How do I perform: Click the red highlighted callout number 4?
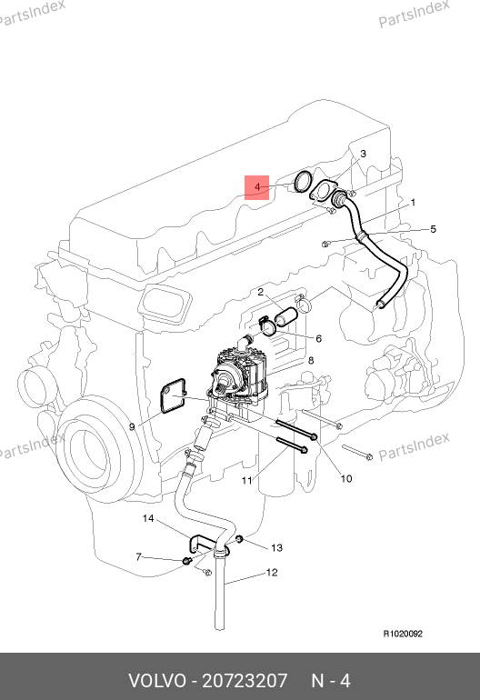(x=256, y=187)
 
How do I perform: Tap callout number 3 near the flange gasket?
(x=363, y=154)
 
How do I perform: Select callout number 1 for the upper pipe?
(x=413, y=203)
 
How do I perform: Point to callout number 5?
(x=433, y=229)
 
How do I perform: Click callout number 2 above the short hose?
(x=260, y=292)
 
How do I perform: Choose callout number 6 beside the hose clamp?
(x=318, y=339)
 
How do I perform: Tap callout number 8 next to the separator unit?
(x=311, y=360)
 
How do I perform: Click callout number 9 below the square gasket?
(x=132, y=426)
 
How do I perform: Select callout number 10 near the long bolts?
(x=346, y=479)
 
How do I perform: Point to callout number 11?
(x=247, y=481)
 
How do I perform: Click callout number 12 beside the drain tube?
(x=272, y=573)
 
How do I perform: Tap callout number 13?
(x=277, y=548)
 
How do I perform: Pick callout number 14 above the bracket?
(x=148, y=518)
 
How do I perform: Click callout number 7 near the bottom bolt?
(x=138, y=556)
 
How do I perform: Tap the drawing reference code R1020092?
(x=403, y=634)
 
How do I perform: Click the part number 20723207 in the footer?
(x=245, y=681)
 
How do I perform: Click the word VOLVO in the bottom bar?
(x=157, y=681)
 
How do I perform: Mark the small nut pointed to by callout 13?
(x=239, y=540)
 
